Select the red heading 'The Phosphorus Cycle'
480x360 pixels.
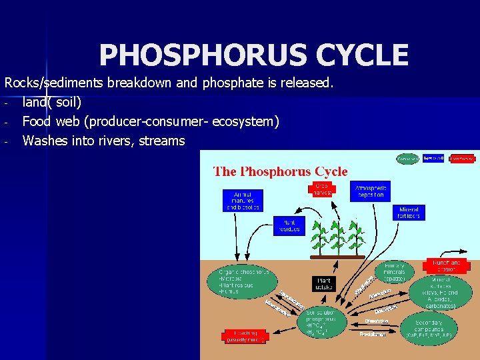click(280, 171)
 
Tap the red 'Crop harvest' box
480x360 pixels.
click(321, 188)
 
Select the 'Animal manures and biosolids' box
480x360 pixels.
click(243, 200)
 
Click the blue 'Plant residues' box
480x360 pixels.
click(289, 225)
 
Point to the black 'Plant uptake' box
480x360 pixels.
click(323, 283)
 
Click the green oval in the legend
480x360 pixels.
click(408, 159)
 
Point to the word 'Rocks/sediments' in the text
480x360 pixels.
click(51, 84)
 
